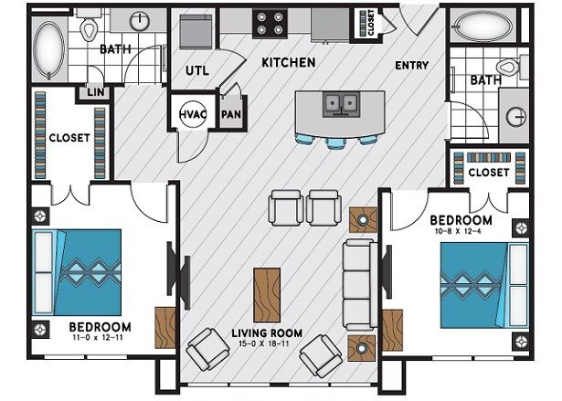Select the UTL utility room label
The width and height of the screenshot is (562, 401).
pyautogui.click(x=197, y=69)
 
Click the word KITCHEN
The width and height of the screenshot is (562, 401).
pyautogui.click(x=288, y=63)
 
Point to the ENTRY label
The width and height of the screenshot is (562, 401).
pyautogui.click(x=412, y=66)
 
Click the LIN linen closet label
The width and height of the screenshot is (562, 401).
pyautogui.click(x=94, y=92)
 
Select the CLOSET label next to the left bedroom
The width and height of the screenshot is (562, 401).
pyautogui.click(x=69, y=138)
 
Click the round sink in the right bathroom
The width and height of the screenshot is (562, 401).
pyautogui.click(x=517, y=117)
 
